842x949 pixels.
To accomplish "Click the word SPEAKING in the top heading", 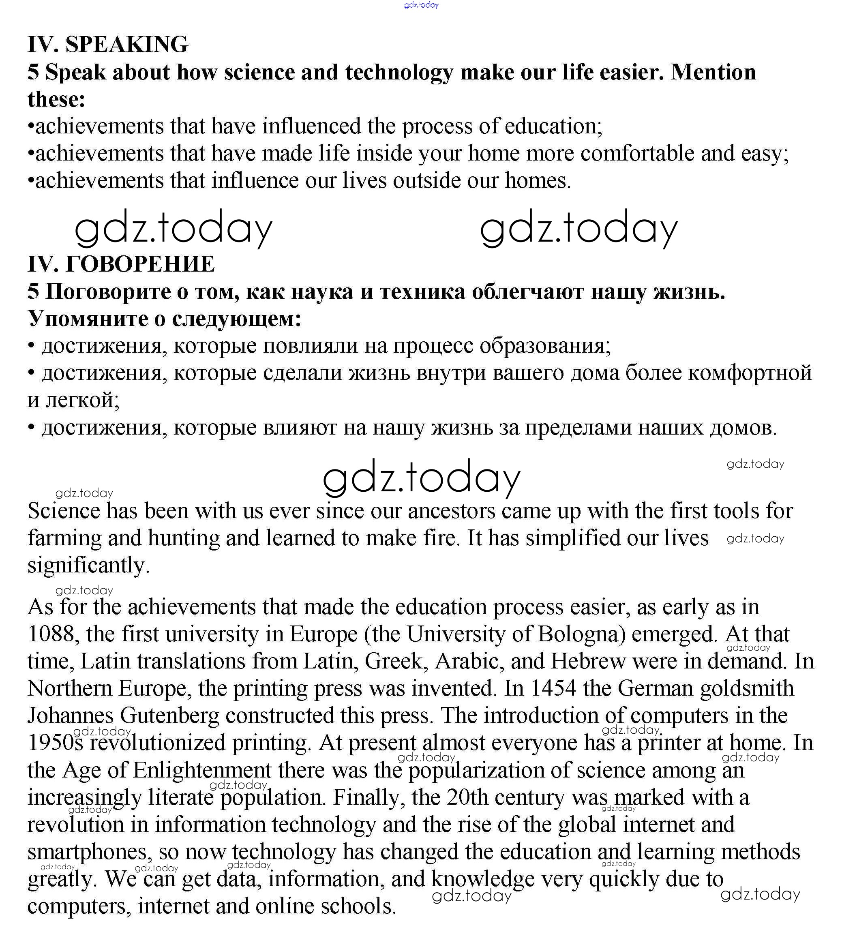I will tap(126, 45).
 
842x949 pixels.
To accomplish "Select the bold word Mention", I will tap(713, 72).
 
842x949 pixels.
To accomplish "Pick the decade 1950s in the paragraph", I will tap(55, 742).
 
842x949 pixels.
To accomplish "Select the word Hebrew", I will tap(587, 661).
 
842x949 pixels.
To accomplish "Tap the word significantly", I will tap(88, 566).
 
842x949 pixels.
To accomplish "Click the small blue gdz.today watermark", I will tap(421, 5).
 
